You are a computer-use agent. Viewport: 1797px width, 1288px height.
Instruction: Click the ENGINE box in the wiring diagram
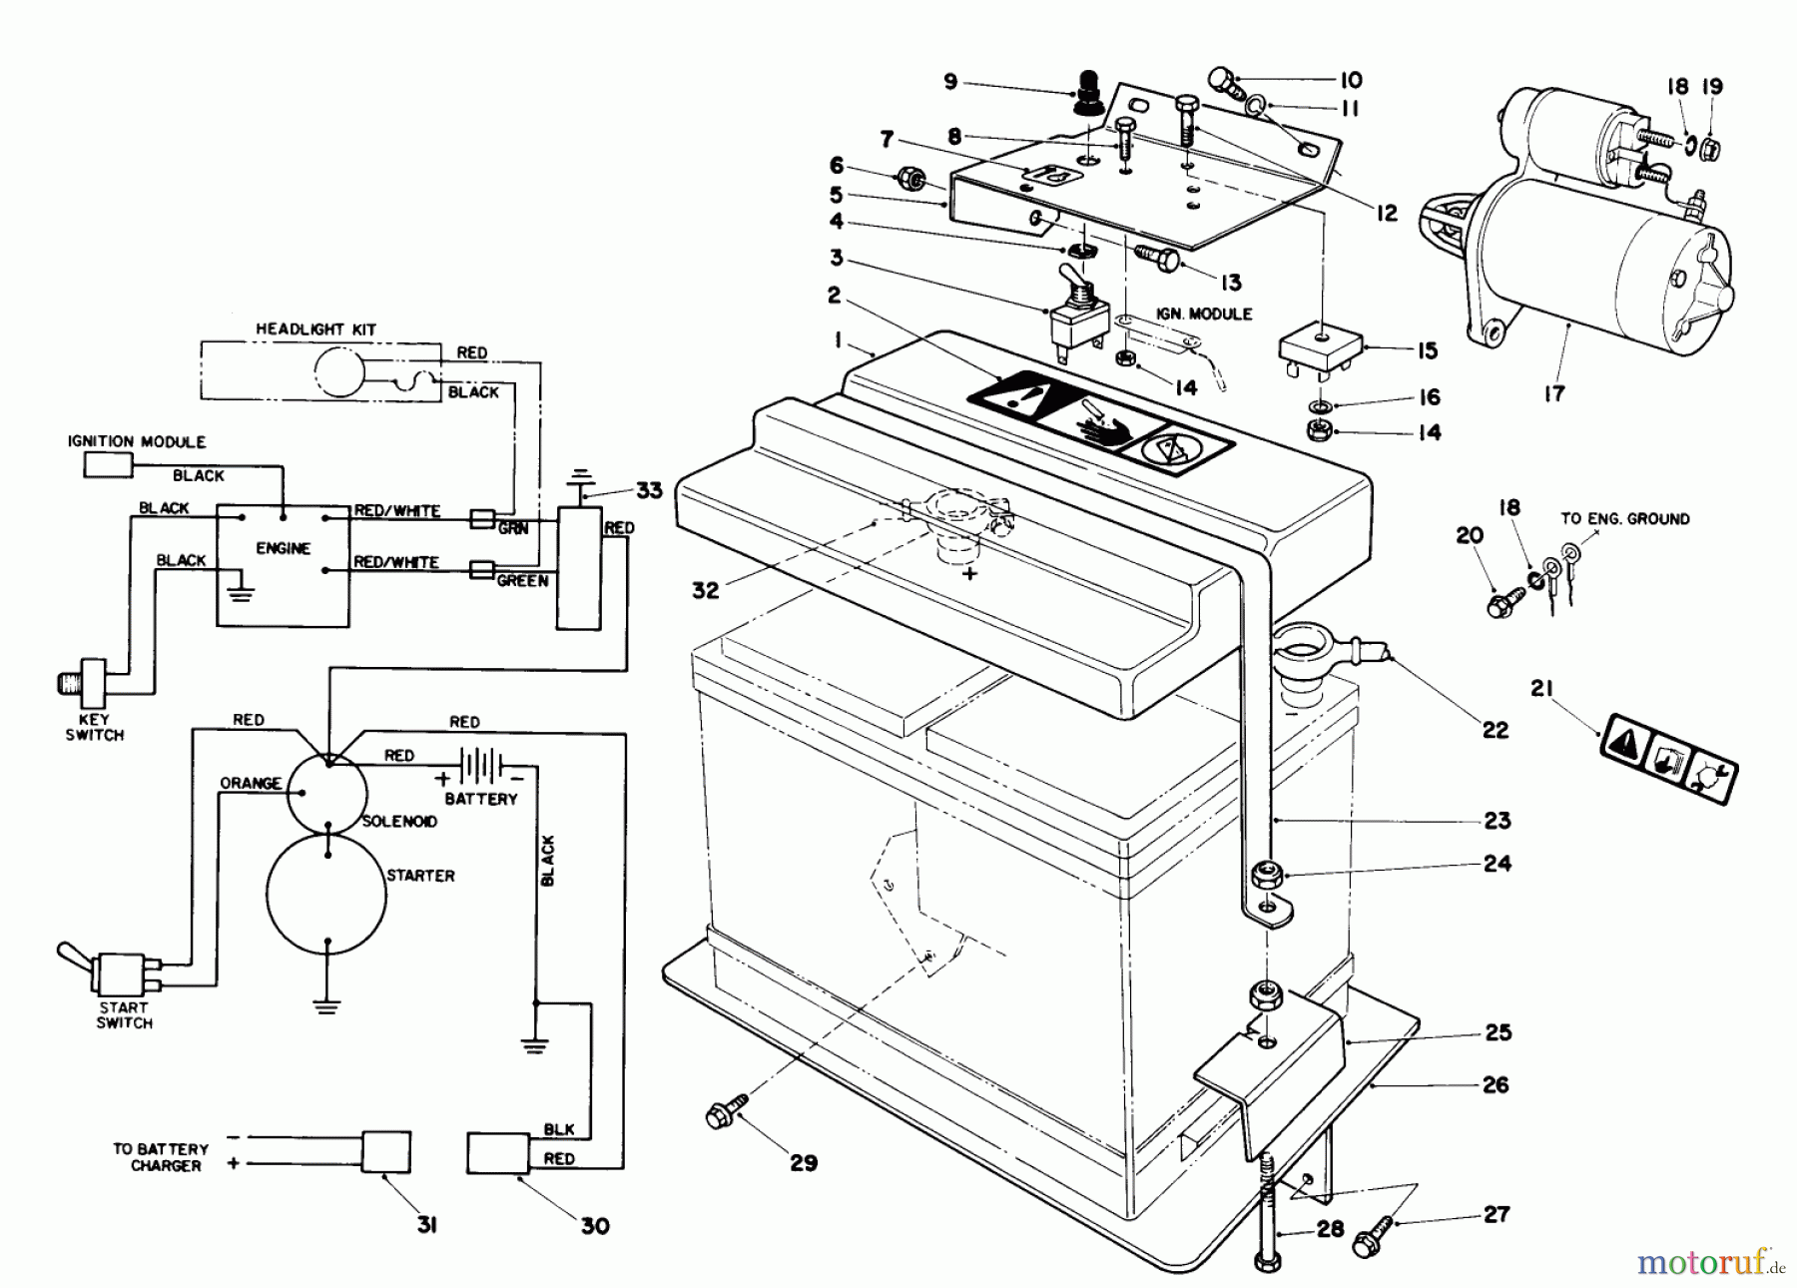point(284,566)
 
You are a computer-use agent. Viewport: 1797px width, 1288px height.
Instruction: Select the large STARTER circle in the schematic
point(326,893)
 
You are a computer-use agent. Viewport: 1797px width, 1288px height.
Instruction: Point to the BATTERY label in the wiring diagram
point(481,799)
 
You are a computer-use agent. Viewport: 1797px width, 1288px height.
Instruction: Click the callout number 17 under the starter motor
point(1553,393)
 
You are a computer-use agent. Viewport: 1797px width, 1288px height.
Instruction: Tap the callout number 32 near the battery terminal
point(705,590)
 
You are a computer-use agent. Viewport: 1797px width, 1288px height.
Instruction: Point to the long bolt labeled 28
point(1269,1214)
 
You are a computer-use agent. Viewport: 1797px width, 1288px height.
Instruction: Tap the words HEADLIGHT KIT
point(315,328)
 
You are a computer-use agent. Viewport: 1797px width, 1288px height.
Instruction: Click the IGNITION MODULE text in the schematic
point(137,441)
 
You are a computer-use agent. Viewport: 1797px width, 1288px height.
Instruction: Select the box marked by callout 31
point(385,1151)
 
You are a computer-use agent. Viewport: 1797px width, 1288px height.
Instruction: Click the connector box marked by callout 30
point(498,1153)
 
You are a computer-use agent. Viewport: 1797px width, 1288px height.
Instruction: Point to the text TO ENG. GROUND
point(1625,518)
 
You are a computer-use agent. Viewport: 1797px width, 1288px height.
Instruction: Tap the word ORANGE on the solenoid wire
point(250,783)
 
